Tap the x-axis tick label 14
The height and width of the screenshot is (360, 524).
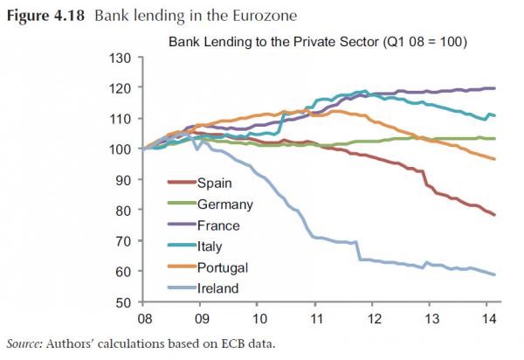tap(490, 320)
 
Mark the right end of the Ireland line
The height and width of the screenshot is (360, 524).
tap(495, 274)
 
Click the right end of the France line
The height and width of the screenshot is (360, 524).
tap(495, 88)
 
